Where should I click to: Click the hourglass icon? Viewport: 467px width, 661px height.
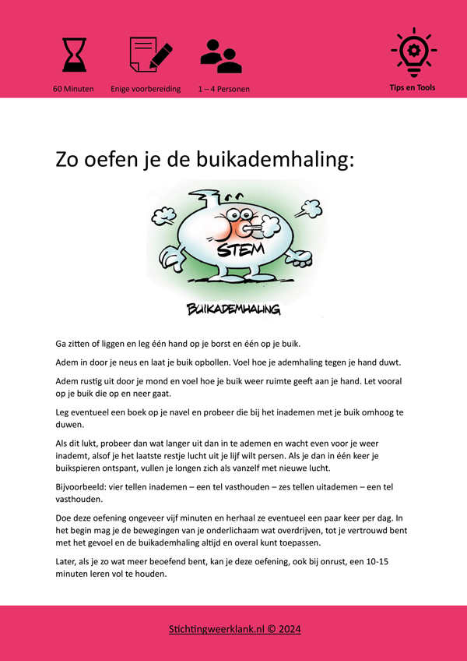[75, 54]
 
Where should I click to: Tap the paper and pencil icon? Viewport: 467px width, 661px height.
[150, 54]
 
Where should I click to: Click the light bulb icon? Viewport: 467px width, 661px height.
[413, 51]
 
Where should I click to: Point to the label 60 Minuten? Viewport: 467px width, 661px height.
[73, 89]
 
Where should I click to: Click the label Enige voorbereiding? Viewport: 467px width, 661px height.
[146, 89]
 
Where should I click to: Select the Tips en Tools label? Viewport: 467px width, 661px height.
[413, 87]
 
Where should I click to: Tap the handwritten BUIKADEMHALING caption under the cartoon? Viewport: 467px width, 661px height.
[233, 309]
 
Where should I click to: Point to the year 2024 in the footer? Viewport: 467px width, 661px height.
[287, 629]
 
